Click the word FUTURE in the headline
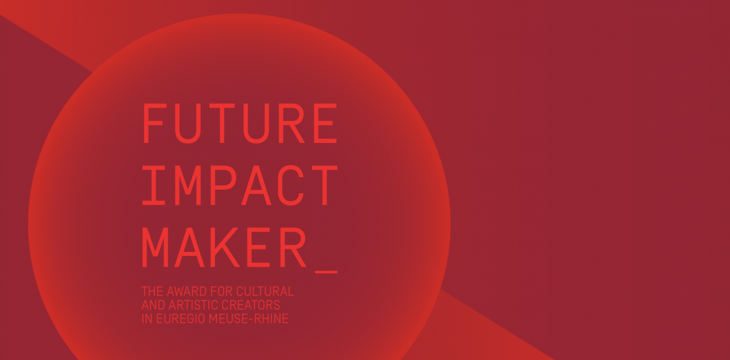coord(239,123)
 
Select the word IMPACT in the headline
coord(239,185)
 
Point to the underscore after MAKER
coord(326,272)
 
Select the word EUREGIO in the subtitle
coord(174,319)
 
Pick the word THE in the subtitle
coord(150,292)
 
